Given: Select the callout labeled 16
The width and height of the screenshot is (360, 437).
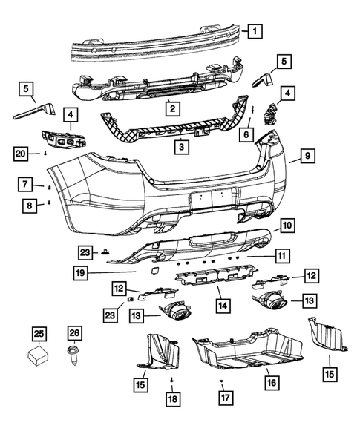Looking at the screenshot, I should click(271, 383).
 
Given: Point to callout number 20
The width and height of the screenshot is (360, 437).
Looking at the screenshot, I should click(23, 154).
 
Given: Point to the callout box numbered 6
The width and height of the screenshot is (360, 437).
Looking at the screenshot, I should click(245, 135).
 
